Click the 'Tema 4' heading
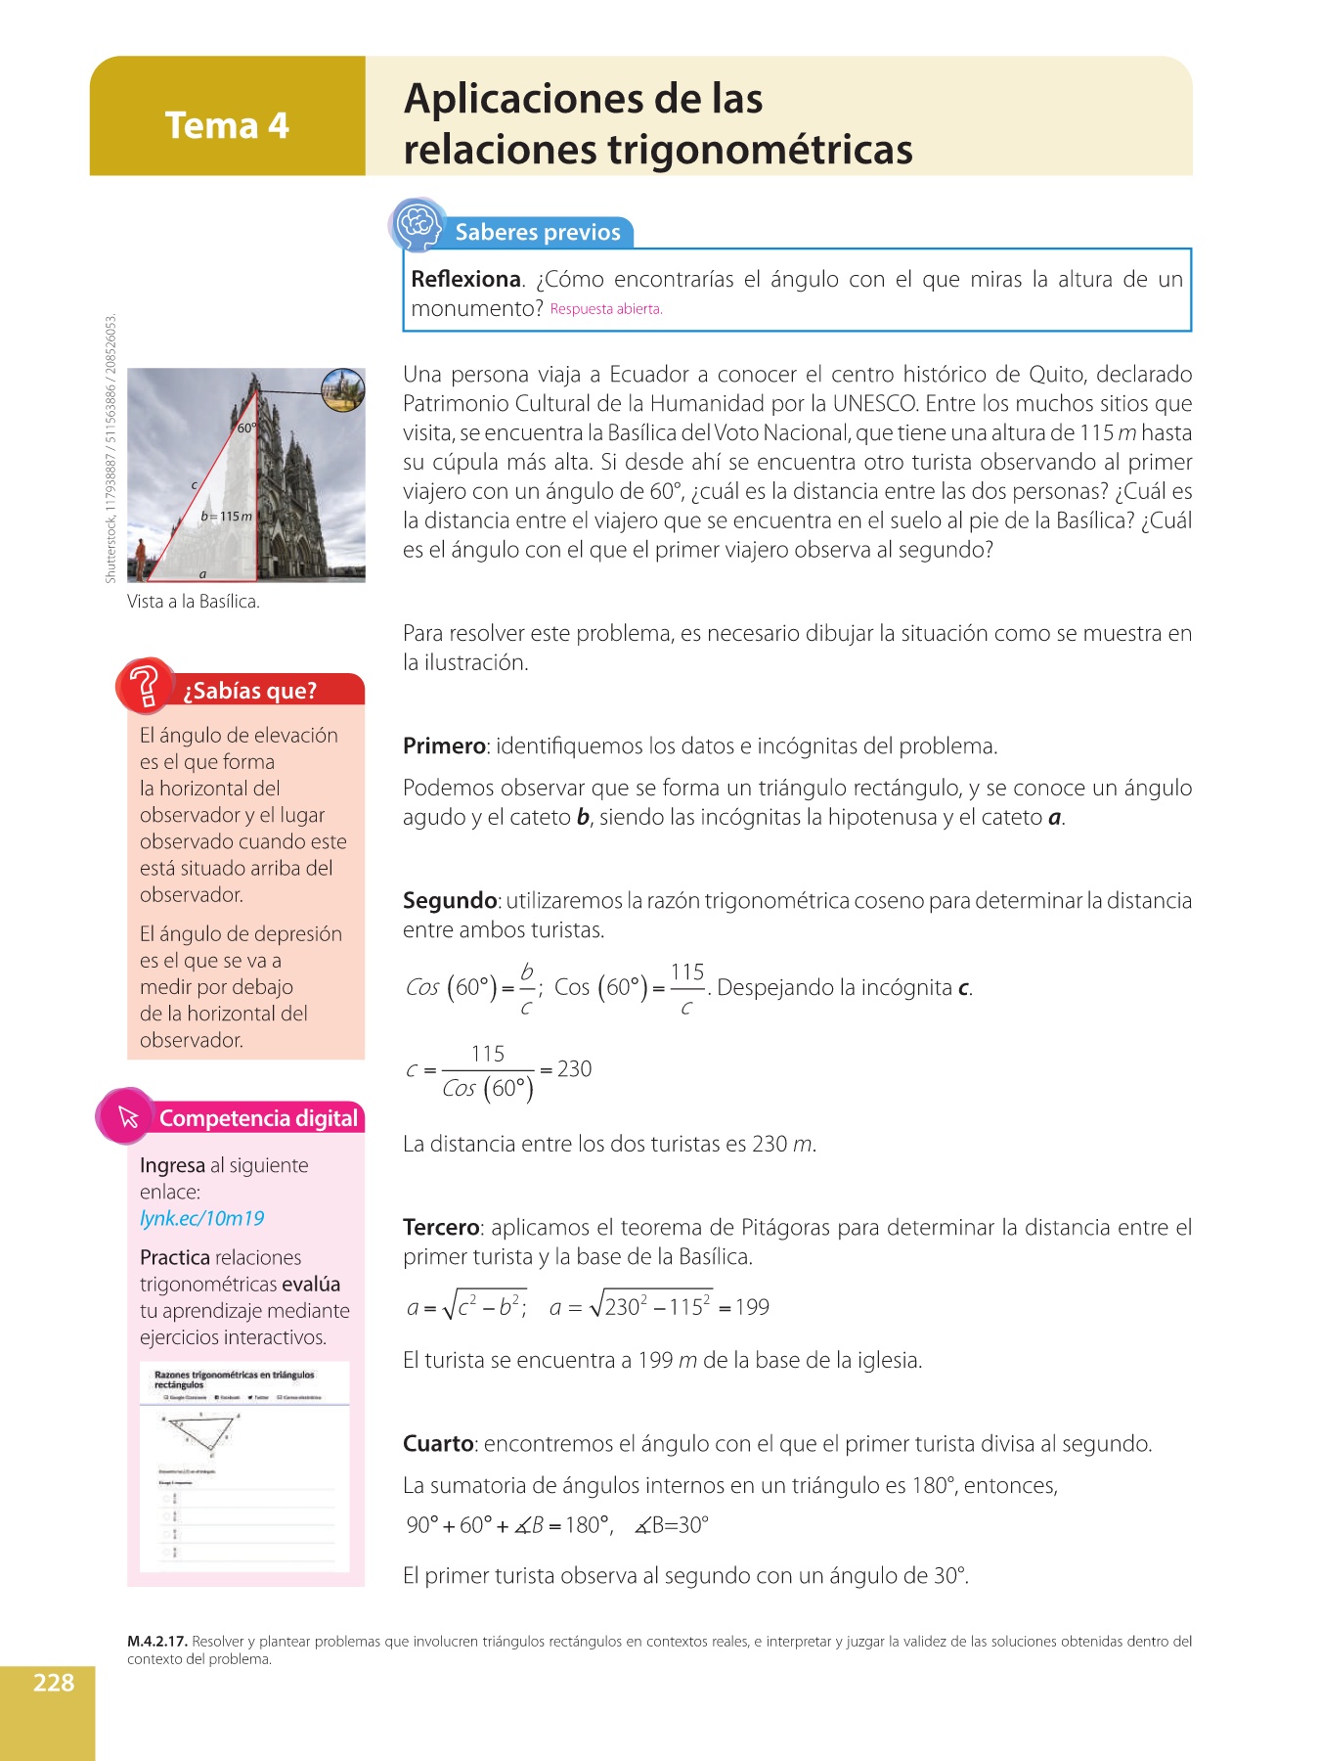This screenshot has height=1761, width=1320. [x=227, y=125]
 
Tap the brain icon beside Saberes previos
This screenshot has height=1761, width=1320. [x=418, y=224]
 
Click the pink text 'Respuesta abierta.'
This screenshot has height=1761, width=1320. [x=606, y=309]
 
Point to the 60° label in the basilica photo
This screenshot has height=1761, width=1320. [x=246, y=428]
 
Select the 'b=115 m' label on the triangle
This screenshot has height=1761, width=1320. [x=227, y=516]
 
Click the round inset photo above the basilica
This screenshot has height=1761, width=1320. [x=343, y=390]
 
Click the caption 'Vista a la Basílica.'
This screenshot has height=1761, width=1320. [x=194, y=602]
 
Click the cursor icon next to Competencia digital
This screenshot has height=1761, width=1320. [x=128, y=1116]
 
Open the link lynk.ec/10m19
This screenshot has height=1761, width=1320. [x=202, y=1218]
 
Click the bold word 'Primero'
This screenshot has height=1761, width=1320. [x=444, y=745]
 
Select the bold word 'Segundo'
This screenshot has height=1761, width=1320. [x=450, y=900]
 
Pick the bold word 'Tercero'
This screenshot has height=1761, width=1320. [x=441, y=1227]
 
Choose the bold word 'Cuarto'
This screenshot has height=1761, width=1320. [x=438, y=1443]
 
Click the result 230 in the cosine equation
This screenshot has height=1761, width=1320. [x=574, y=1068]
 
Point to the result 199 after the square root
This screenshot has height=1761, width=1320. [x=752, y=1307]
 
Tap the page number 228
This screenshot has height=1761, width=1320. [x=54, y=1683]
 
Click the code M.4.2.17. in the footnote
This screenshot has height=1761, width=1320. [x=157, y=1642]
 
